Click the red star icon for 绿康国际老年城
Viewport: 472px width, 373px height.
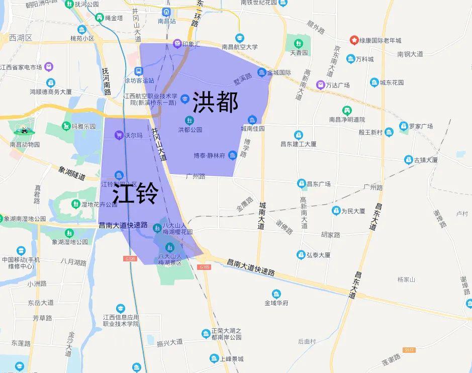pyautogui.click(x=354, y=40)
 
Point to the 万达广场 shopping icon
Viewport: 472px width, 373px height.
pyautogui.click(x=320, y=84)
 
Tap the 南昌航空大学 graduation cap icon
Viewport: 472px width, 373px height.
pyautogui.click(x=240, y=38)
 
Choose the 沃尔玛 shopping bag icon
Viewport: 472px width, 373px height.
pyautogui.click(x=119, y=135)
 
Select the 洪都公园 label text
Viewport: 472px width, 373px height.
pyautogui.click(x=190, y=130)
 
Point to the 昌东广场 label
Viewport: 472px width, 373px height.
pyautogui.click(x=319, y=184)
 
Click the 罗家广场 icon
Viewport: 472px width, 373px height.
pyautogui.click(x=403, y=126)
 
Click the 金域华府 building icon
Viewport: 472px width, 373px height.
pyautogui.click(x=276, y=294)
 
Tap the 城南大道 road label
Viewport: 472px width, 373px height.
pyautogui.click(x=261, y=216)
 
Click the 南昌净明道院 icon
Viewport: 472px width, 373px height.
pyautogui.click(x=347, y=110)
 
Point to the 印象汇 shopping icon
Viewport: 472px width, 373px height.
pyautogui.click(x=177, y=44)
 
